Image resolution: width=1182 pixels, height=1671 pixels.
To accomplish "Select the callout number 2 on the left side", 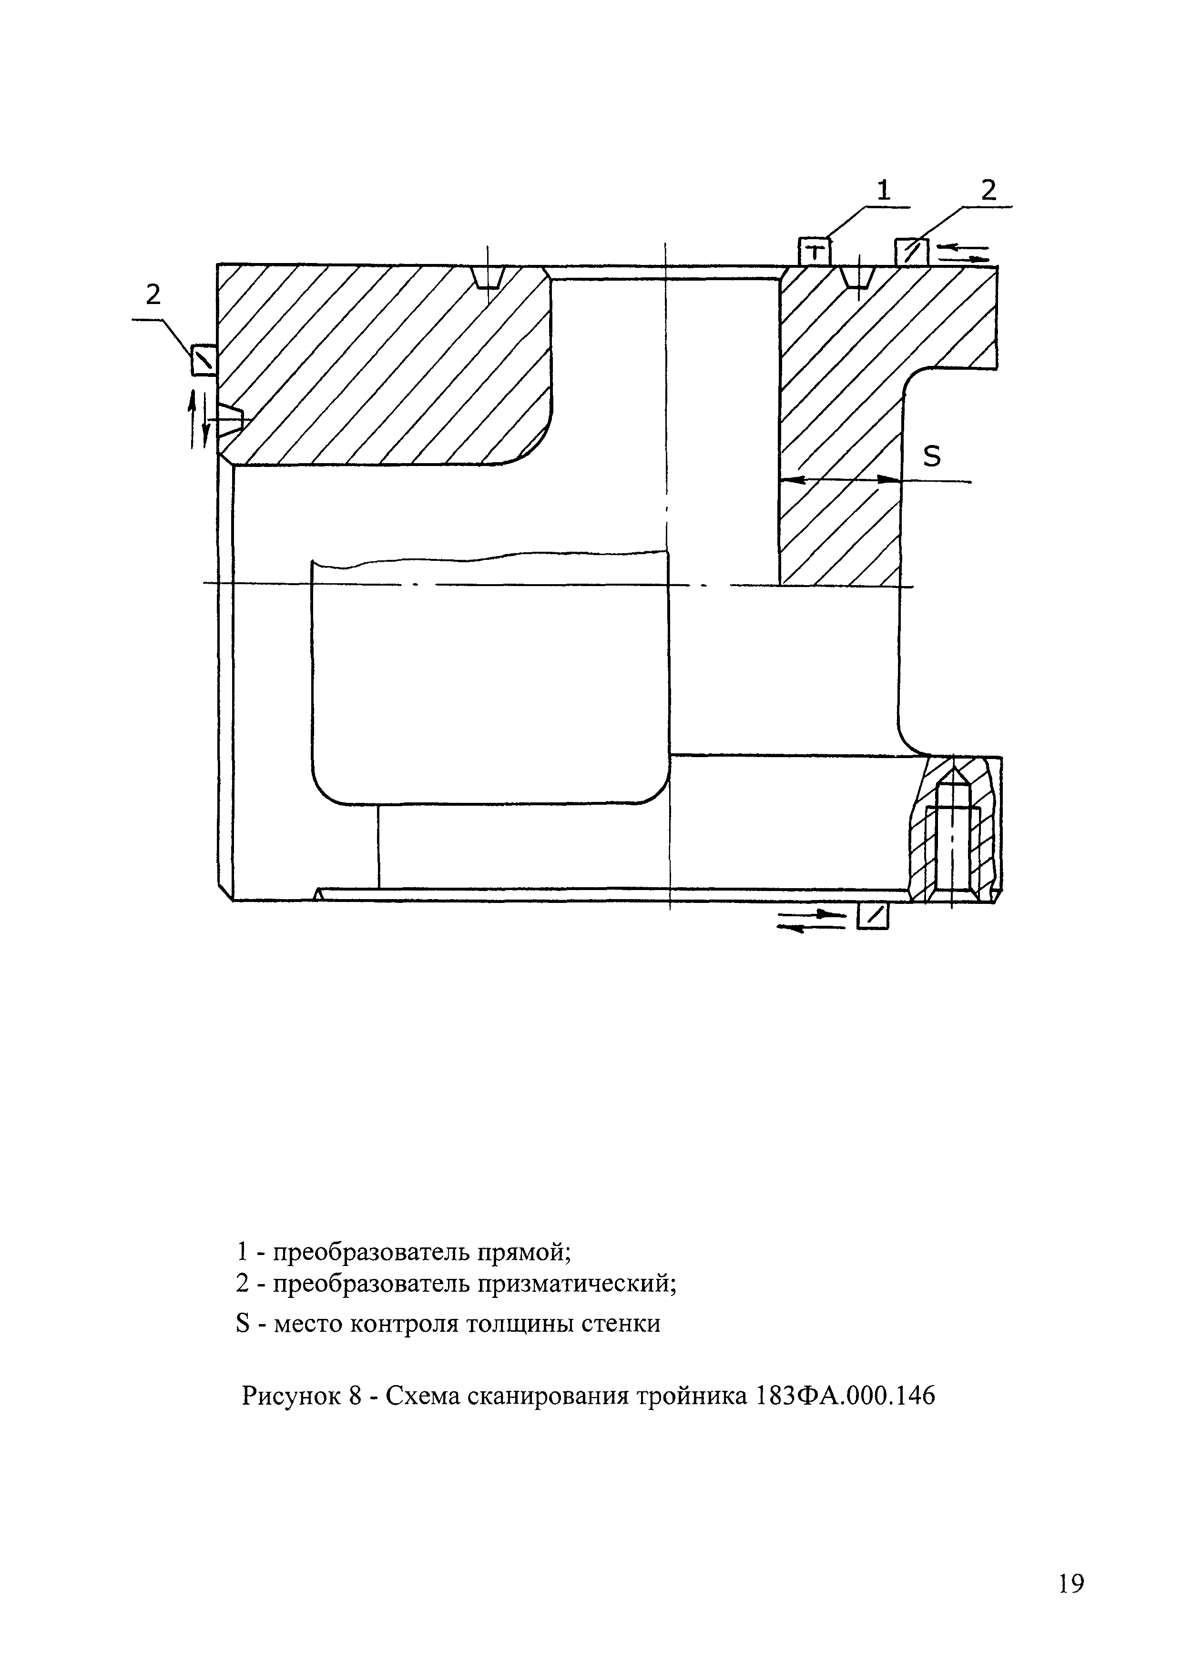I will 153,295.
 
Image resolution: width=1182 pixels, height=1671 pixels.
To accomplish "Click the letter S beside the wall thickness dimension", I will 932,456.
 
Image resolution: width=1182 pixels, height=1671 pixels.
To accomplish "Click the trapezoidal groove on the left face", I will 234,421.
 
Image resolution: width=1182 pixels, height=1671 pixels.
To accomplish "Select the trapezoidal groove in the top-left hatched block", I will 488,276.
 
